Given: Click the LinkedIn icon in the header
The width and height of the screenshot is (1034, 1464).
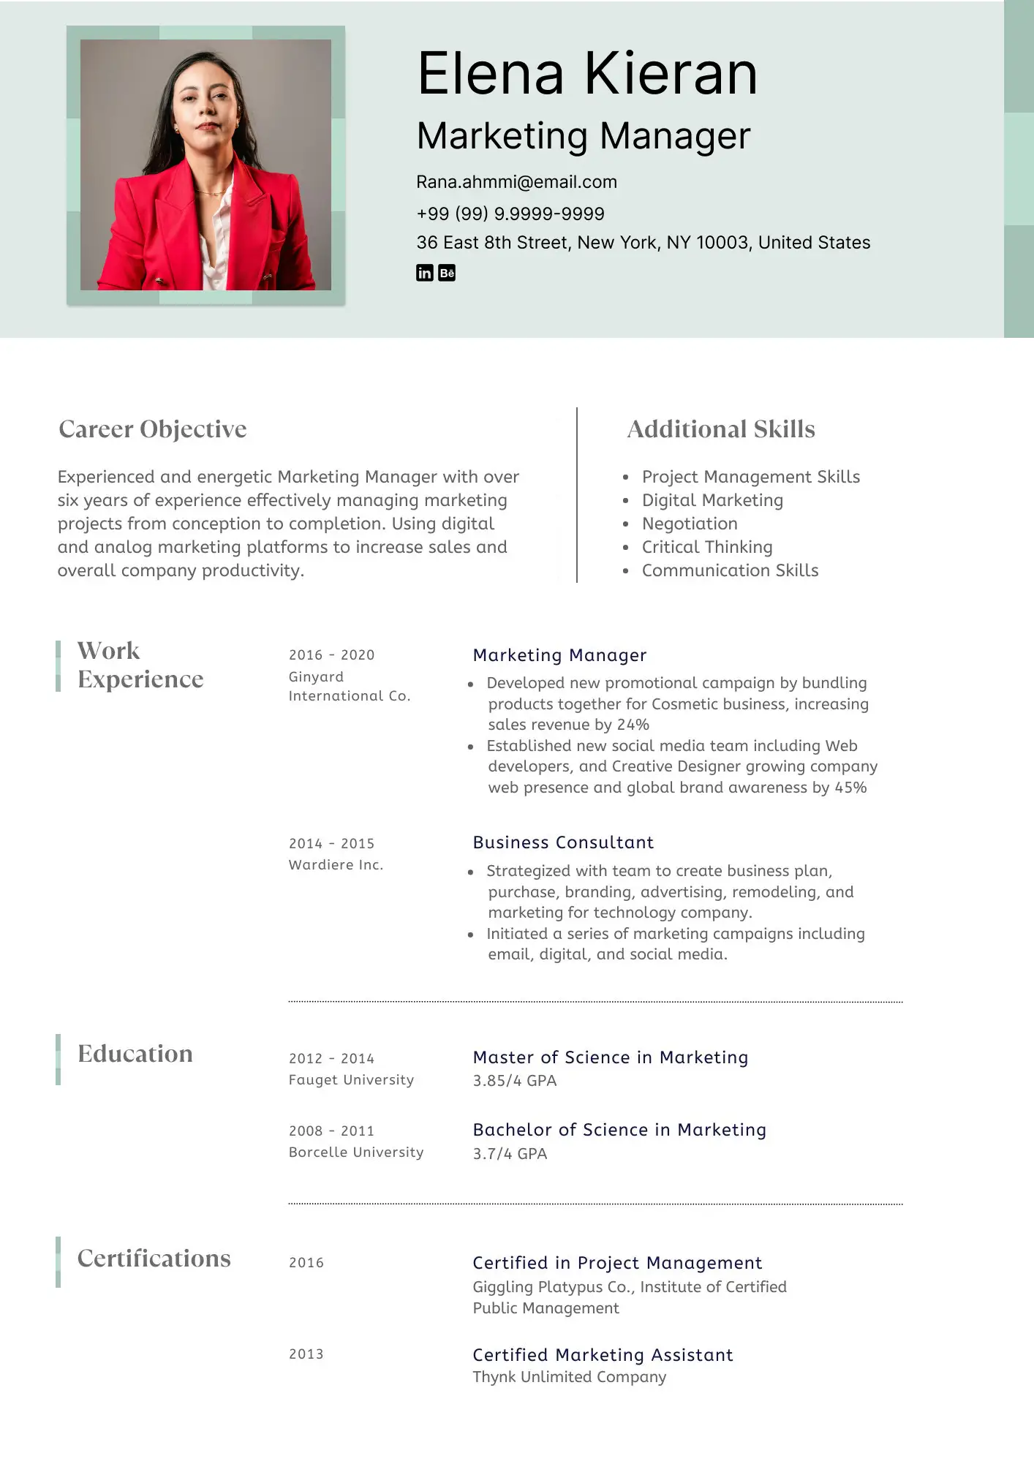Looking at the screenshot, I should (424, 273).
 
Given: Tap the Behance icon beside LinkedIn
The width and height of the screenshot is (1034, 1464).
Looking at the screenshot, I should (447, 273).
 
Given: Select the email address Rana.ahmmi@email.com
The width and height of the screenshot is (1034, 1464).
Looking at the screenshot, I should (516, 182).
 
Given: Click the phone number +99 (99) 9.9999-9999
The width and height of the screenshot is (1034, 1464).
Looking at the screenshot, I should (510, 214).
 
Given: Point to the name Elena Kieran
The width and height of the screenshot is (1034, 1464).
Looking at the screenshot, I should (586, 74).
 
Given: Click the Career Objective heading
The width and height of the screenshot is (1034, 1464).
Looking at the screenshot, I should (152, 429).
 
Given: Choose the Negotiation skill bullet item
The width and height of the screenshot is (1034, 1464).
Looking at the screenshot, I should (689, 524).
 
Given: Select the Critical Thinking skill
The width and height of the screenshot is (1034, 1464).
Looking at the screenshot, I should (706, 547).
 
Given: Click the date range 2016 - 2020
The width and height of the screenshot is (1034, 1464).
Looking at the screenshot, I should (331, 654).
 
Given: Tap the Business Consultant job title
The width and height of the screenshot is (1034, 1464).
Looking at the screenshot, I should (563, 842).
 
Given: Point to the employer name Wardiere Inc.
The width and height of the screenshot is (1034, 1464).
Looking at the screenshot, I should (336, 864).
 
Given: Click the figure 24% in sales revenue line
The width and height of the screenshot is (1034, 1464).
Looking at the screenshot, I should (633, 725).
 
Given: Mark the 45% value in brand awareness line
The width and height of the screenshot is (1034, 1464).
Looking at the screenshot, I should (850, 788).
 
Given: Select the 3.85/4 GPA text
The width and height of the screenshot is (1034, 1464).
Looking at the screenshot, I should (514, 1080).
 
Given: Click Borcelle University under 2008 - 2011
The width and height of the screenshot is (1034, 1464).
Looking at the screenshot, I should (356, 1152).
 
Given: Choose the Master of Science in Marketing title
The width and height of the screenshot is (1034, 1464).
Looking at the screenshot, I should (610, 1057).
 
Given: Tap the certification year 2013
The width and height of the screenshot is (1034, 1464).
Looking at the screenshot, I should (306, 1354).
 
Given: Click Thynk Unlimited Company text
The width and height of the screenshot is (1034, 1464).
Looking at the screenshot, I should (569, 1377).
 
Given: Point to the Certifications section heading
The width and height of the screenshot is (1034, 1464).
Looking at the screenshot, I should (154, 1258).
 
